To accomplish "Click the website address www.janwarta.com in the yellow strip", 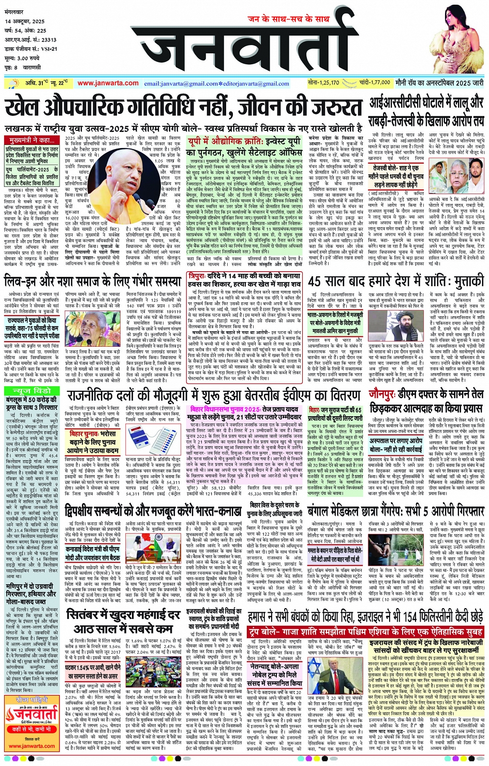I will click(108, 83).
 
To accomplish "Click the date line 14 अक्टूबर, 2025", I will click(25, 22).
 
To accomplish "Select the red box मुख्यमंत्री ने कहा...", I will click(32, 140).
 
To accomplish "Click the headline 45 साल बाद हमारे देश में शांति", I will click(396, 282).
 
